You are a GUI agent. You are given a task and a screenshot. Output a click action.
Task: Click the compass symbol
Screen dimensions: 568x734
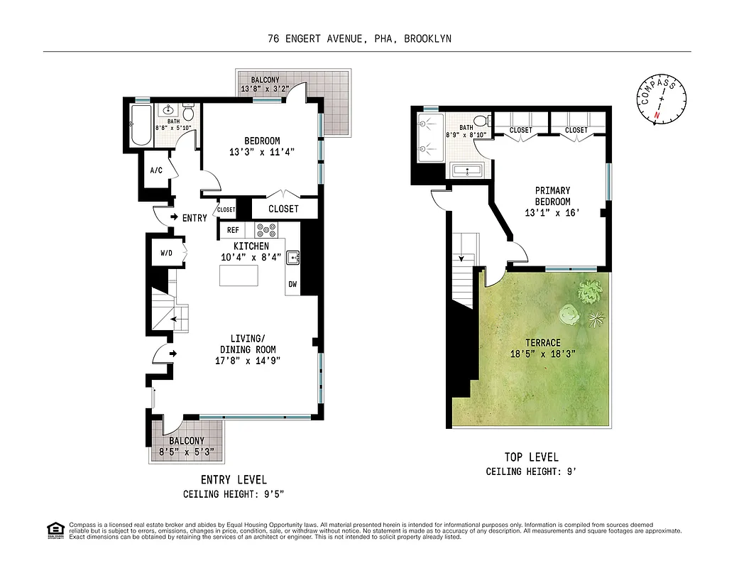pos(661,100)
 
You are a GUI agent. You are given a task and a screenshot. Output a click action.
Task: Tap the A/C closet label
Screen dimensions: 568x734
pos(156,170)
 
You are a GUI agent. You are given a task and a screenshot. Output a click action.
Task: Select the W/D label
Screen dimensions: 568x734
pos(166,253)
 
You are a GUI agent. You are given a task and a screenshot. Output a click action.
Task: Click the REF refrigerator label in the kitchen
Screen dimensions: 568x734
pos(233,230)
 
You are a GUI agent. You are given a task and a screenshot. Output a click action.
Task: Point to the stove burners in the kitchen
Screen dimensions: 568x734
pos(266,230)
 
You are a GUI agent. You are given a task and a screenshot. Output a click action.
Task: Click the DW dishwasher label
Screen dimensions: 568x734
pos(292,285)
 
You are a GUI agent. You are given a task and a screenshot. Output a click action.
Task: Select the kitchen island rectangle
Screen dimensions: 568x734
pos(239,275)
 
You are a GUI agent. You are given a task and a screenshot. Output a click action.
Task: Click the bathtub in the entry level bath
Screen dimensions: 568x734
pos(141,125)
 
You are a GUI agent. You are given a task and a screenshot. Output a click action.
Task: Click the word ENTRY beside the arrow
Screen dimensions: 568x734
pos(195,218)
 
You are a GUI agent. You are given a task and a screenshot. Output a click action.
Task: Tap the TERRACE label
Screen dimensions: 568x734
pos(542,343)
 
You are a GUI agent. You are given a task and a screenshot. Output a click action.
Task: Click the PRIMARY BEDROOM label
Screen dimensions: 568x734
pos(552,196)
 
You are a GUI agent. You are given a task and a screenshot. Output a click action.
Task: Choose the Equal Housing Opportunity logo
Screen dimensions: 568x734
pos(55,530)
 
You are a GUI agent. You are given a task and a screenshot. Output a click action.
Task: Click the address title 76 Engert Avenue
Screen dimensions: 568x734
pos(359,39)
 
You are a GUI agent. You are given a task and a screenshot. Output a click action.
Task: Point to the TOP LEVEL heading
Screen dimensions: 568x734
pos(531,457)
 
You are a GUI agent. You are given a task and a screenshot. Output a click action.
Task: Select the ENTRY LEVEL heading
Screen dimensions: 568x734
pos(234,480)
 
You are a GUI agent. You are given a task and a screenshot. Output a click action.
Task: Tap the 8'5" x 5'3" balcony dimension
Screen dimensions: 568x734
pos(187,452)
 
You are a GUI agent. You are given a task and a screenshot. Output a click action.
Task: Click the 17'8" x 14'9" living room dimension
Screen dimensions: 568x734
pos(247,361)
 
